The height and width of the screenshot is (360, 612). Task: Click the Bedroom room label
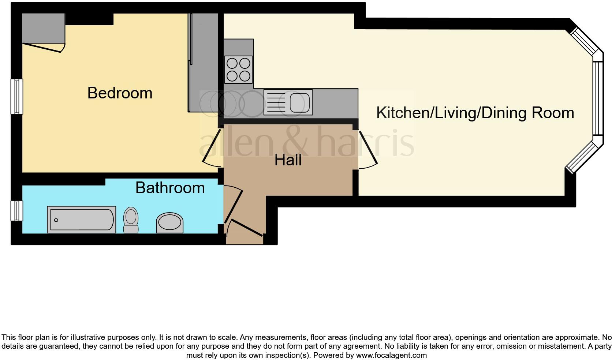(x=120, y=93)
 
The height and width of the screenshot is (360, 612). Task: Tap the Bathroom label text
(x=170, y=188)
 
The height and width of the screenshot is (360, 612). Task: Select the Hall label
(x=288, y=160)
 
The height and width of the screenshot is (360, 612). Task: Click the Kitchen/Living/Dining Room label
(x=475, y=113)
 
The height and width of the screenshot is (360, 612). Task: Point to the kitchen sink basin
(x=299, y=102)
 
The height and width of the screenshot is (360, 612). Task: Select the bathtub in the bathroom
(x=81, y=220)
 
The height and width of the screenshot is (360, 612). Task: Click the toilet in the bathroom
(x=131, y=220)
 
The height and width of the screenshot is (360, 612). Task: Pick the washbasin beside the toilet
(x=169, y=222)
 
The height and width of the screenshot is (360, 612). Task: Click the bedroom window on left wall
(x=16, y=96)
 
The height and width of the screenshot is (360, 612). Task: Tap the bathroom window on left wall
(x=16, y=211)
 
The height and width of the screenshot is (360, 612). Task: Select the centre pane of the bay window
(x=597, y=98)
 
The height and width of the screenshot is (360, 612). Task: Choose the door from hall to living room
(x=368, y=148)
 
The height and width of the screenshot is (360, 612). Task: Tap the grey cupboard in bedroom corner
(x=43, y=28)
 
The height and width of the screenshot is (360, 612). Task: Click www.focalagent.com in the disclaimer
(x=391, y=355)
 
